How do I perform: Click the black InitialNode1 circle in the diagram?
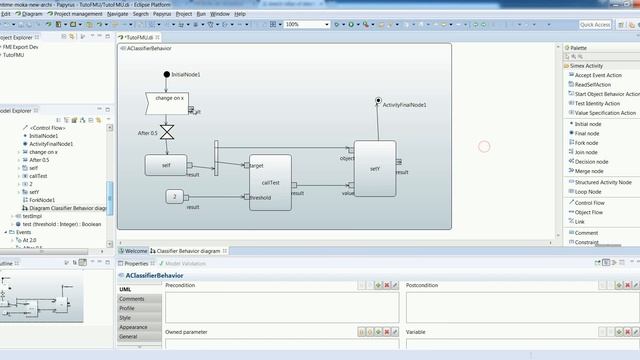pyautogui.click(x=167, y=75)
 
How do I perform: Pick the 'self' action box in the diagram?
pyautogui.click(x=165, y=164)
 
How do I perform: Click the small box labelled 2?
pyautogui.click(x=173, y=196)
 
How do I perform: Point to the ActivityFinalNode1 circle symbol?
pyautogui.click(x=378, y=100)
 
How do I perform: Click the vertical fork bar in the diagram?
pyautogui.click(x=215, y=159)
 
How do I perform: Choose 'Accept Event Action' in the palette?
pyautogui.click(x=598, y=75)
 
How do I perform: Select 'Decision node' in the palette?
pyautogui.click(x=591, y=161)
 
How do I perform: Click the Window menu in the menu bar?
pyautogui.click(x=217, y=15)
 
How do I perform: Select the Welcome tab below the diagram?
pyautogui.click(x=135, y=250)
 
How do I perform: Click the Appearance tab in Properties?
pyautogui.click(x=133, y=327)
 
